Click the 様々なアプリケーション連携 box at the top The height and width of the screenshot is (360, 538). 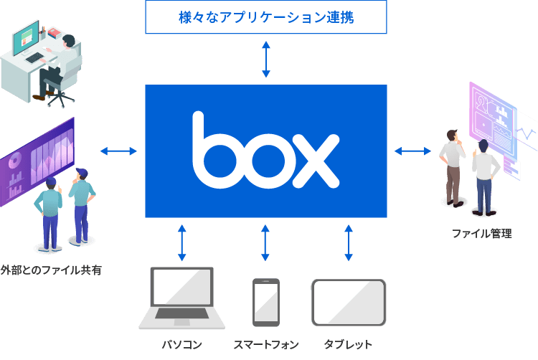[266, 17]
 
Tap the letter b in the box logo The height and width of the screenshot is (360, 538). [216, 151]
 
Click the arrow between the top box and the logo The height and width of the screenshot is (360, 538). [266, 59]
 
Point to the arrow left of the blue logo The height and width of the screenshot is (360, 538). [118, 151]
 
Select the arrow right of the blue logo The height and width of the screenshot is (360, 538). [413, 151]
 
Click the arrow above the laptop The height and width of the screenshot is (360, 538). [182, 242]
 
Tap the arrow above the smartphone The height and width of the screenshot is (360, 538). [265, 242]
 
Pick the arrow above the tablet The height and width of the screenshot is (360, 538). [349, 242]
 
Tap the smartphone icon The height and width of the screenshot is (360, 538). [265, 302]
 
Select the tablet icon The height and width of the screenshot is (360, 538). [349, 302]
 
